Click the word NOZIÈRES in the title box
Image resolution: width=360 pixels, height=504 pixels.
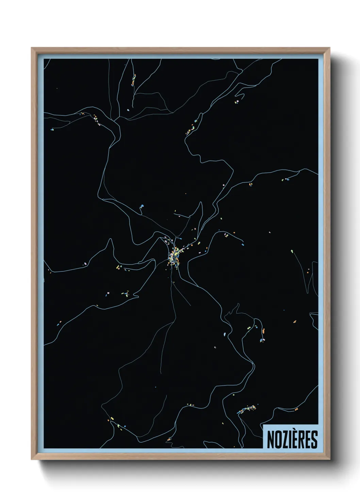(292, 439)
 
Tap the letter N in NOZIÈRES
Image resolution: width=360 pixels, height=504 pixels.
(270, 440)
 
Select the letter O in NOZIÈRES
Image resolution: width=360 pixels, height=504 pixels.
(277, 440)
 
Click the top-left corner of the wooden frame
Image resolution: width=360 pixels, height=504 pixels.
(32, 48)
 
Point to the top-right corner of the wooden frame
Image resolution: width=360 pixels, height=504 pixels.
(330, 48)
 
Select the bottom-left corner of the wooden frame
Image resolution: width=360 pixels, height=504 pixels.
(32, 459)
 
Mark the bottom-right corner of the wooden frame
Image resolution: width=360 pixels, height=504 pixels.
(330, 459)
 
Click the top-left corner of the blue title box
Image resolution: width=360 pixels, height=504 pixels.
(263, 424)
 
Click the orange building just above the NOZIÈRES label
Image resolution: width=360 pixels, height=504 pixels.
(296, 409)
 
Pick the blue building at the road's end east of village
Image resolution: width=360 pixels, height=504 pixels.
(243, 244)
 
